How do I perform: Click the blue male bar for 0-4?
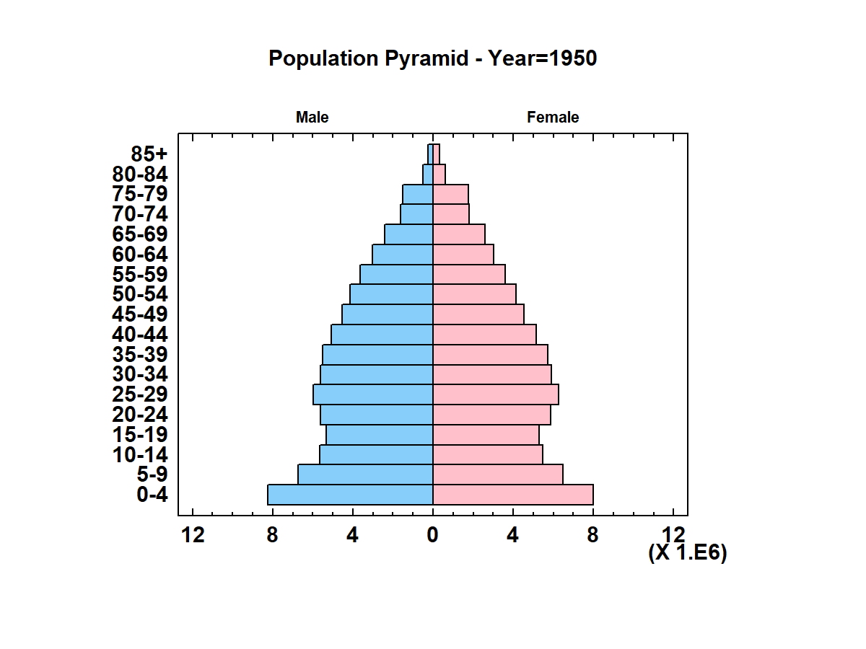(x=350, y=495)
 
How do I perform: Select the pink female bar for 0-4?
(x=512, y=495)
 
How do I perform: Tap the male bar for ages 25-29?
(x=373, y=394)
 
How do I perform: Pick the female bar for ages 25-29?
(x=495, y=394)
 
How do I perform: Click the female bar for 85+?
(x=436, y=154)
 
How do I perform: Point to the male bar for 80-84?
(x=428, y=174)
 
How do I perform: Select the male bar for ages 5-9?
(x=365, y=474)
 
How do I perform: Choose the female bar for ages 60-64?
(x=463, y=254)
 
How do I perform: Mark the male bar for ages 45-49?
(x=388, y=314)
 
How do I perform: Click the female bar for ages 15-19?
(x=486, y=435)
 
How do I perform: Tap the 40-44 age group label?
(x=140, y=335)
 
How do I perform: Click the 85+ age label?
(x=149, y=154)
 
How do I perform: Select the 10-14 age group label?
(x=140, y=455)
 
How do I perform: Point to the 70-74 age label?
(x=140, y=214)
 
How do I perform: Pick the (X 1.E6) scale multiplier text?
(x=688, y=553)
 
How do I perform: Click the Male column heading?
(x=312, y=118)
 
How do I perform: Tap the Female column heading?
(x=553, y=118)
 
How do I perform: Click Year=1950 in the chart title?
(x=543, y=58)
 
